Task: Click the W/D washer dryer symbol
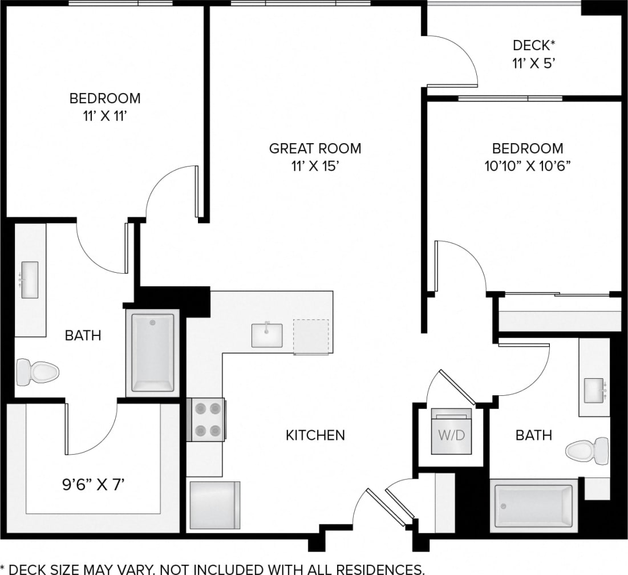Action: (x=451, y=435)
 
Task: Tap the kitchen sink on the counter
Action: (x=267, y=335)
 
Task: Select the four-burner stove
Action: (x=206, y=419)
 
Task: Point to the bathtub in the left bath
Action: (x=152, y=353)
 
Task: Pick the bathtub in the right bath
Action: (x=533, y=505)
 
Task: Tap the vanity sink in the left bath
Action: (x=29, y=279)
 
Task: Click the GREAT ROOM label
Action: (x=315, y=149)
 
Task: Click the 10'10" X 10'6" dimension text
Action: (x=528, y=166)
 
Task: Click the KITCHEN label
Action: (x=315, y=435)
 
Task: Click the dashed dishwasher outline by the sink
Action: (x=311, y=337)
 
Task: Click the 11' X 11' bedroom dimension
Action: (x=105, y=115)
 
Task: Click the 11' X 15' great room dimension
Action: (x=315, y=166)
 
